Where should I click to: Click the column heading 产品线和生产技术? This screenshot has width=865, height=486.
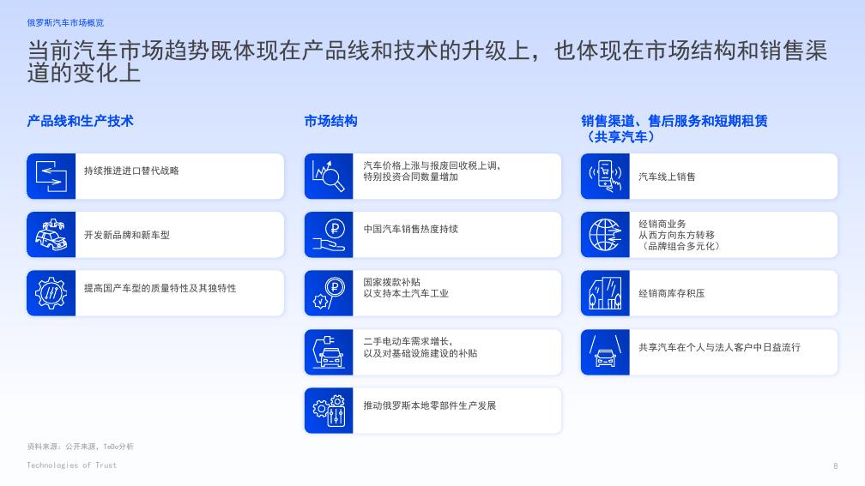tap(80, 121)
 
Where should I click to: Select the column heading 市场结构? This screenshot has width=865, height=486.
tap(330, 121)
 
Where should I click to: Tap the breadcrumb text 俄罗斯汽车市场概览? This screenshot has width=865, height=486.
tap(65, 22)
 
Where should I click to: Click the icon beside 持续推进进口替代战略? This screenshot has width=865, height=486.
tap(51, 176)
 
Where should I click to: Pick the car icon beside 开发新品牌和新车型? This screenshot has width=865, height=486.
tap(51, 235)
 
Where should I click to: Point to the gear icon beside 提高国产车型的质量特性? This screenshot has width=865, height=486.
tap(51, 293)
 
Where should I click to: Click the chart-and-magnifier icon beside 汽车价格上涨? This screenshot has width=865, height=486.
tap(329, 176)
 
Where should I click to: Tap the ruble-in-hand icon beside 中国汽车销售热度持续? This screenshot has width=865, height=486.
tap(329, 235)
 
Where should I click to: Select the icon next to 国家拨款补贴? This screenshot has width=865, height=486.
tap(329, 293)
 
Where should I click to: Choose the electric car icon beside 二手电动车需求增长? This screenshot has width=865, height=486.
tap(329, 351)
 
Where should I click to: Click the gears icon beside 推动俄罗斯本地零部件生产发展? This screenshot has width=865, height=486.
tap(329, 411)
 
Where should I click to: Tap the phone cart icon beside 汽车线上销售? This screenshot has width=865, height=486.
tap(606, 176)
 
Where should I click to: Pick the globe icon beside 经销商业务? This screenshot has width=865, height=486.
tap(606, 235)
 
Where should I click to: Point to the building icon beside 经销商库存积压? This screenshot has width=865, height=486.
tap(606, 293)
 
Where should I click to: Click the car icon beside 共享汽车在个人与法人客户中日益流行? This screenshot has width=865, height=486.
tap(606, 351)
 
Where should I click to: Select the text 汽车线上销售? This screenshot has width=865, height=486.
tap(667, 177)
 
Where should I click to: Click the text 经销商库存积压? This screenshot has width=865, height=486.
tap(672, 293)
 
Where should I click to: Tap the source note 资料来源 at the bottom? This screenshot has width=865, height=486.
tap(80, 447)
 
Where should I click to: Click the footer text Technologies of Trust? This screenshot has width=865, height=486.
tap(71, 465)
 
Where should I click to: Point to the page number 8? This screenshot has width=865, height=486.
tap(835, 466)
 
